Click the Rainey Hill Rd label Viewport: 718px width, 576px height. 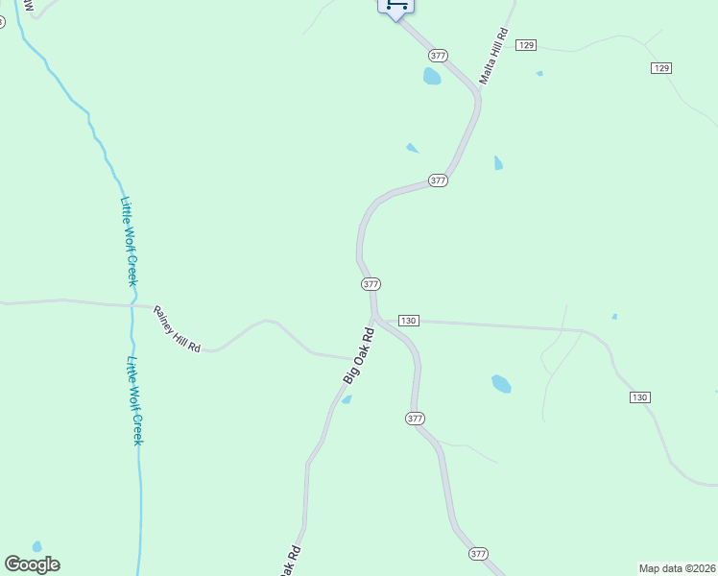coord(177,329)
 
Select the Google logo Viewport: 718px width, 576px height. coord(32,564)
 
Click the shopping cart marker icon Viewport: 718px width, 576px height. coord(396,6)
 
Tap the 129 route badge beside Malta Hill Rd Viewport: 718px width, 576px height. coord(525,45)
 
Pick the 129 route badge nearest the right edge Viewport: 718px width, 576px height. coord(660,67)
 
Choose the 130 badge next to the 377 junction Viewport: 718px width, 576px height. coord(408,320)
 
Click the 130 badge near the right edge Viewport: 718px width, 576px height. coord(640,396)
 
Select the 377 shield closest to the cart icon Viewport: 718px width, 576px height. coord(438,56)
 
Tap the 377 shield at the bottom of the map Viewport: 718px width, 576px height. coord(479,554)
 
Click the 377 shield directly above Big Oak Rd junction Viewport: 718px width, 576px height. coord(371,284)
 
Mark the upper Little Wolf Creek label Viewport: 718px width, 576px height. coord(130,241)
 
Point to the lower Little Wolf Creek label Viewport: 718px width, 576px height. coord(135,400)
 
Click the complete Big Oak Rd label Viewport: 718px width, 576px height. coord(358,356)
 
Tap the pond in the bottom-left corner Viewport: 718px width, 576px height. coord(37,546)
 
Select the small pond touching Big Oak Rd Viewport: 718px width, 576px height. coord(347,399)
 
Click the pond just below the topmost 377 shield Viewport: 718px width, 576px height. coord(432,76)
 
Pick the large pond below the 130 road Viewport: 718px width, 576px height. coord(501,384)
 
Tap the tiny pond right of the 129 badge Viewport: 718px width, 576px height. coord(539,73)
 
